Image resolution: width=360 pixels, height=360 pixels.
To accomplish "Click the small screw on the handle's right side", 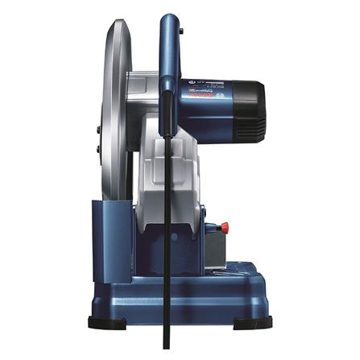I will coord(180,32).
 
